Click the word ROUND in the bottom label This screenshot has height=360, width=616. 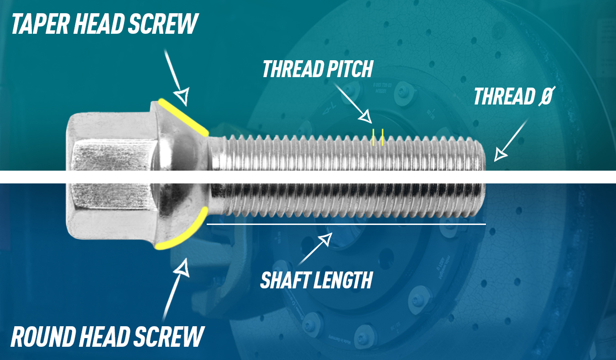[x=43, y=337]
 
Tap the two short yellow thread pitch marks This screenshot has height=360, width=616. [x=378, y=137]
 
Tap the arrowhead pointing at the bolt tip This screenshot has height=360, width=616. [x=501, y=155]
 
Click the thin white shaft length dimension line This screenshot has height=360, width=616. [x=347, y=224]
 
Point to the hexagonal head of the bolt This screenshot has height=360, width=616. [x=110, y=176]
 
